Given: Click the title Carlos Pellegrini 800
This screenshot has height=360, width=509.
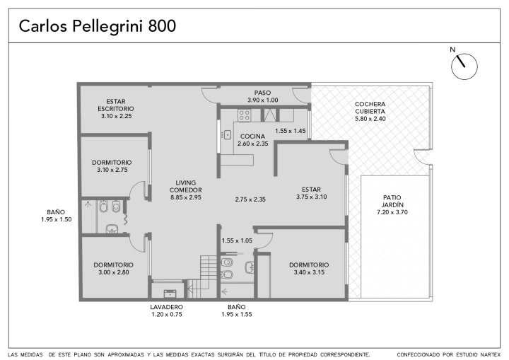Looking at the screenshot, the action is pos(98,26).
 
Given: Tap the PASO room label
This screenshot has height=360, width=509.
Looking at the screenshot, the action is pos(262,93).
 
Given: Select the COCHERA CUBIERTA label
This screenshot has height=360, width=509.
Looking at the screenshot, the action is pos(370,108).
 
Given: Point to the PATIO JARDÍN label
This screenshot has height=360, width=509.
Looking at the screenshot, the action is pos(392,201).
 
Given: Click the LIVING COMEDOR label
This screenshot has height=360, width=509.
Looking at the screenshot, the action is pos(186,186).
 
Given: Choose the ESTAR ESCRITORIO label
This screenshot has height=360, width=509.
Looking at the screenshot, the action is pos(116,105).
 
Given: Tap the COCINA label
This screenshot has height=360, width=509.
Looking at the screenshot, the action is pos(252,137).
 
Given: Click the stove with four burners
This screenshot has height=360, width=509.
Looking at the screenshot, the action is pos(244,115).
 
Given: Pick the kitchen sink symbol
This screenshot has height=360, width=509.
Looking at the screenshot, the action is pos(227,134).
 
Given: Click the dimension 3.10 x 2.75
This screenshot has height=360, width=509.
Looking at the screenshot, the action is pos(112,170).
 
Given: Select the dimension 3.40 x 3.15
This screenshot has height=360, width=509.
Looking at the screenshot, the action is pos(309,272).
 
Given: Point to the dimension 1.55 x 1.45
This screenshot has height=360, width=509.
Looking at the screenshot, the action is pos(291,131).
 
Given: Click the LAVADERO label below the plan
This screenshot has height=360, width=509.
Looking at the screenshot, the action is pos(167,307).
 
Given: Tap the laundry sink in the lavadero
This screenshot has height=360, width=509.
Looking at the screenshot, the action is pos(170,294).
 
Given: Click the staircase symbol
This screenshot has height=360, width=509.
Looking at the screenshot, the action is pos(203,276).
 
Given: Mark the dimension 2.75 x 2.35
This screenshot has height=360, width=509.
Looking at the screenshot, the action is pos(250,199).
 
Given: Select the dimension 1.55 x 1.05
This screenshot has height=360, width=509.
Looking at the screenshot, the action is pos(237,240).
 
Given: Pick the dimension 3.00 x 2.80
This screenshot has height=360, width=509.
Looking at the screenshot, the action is pos(114,272).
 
